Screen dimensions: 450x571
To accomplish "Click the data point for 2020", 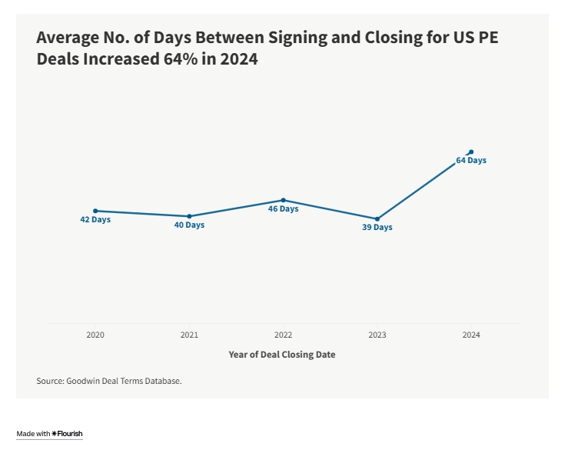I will (95, 211).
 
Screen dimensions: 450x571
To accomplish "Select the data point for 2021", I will (189, 216).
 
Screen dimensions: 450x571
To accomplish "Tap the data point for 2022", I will (284, 200).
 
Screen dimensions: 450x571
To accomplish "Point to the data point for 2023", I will (377, 219).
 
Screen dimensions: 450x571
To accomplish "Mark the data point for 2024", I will (471, 152).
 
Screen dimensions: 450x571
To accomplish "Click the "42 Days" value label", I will (95, 220).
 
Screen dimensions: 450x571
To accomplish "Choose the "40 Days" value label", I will (189, 225).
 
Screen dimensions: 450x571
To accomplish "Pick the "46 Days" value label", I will (284, 209).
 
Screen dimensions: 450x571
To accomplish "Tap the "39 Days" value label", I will (377, 228).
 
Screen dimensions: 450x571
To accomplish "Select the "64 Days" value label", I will (471, 161).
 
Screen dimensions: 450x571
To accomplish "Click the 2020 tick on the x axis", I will (95, 335).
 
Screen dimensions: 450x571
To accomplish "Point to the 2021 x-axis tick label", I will (189, 335).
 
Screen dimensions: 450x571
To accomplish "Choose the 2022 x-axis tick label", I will (284, 335).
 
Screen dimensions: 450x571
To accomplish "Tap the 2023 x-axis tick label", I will (377, 335).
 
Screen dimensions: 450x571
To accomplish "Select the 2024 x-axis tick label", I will (471, 335).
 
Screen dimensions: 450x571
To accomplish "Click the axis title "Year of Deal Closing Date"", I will (282, 355).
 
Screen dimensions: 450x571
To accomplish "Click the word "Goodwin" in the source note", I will (82, 381).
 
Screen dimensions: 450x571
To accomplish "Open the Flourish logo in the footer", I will (67, 434).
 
